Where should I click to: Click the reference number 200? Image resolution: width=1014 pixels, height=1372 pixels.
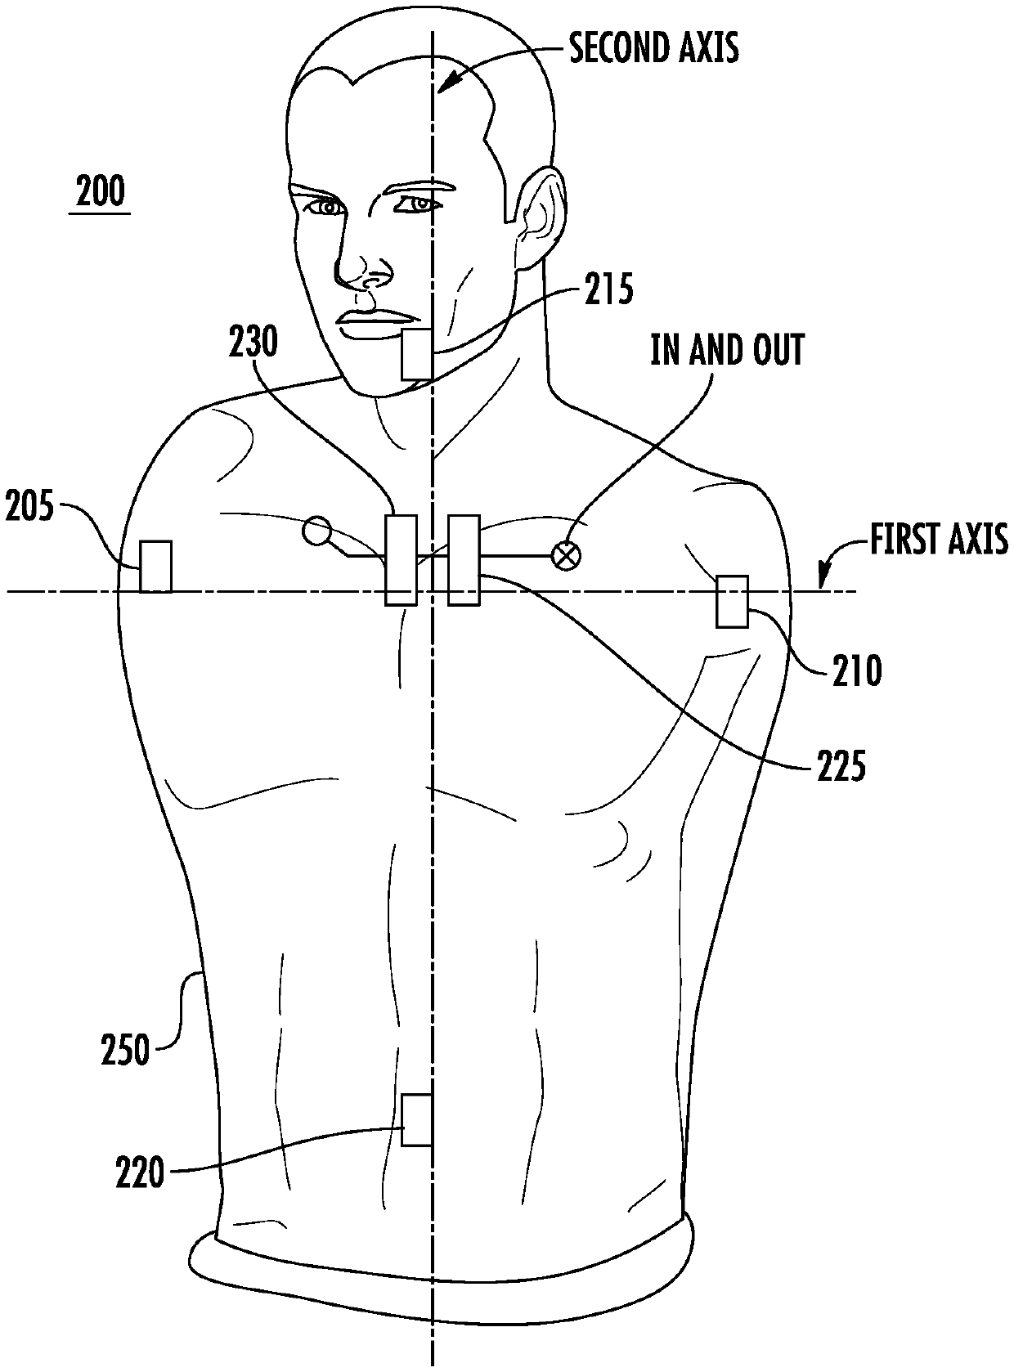tap(100, 192)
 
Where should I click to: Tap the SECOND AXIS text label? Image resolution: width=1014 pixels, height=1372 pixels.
tap(653, 48)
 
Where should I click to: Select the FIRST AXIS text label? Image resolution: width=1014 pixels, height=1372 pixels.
tap(938, 540)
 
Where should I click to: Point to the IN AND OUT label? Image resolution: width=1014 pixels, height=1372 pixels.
tap(727, 350)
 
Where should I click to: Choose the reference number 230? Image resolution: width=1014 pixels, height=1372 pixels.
tap(253, 343)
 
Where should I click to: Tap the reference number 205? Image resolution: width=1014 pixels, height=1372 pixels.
tap(29, 508)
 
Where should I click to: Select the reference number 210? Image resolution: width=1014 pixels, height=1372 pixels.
tap(856, 670)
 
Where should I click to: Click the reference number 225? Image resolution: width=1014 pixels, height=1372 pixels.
tap(840, 767)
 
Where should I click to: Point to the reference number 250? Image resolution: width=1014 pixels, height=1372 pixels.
tap(125, 1050)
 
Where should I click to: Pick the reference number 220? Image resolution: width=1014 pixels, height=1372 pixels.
tap(141, 1175)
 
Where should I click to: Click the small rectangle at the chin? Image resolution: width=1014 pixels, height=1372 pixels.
tap(416, 355)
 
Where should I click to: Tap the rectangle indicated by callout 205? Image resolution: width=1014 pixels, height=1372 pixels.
tap(155, 566)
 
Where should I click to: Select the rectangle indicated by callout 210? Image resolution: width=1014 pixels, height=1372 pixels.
tap(732, 602)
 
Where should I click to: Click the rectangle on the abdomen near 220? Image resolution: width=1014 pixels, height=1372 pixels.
tap(416, 1119)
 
